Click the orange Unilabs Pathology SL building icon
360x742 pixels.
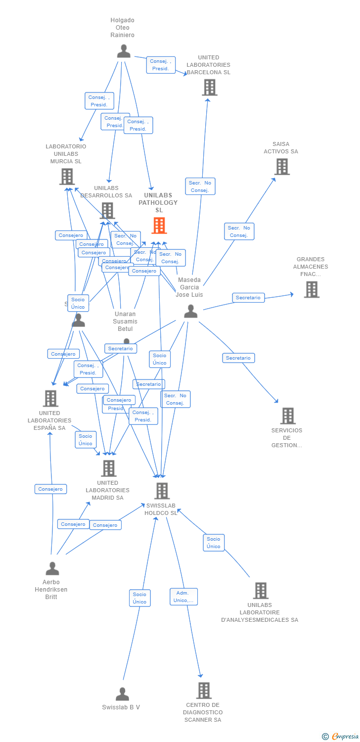coord(159,226)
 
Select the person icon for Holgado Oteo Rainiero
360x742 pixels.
coord(124,51)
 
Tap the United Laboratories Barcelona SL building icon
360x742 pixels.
coord(209,88)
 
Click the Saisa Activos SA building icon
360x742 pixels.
coord(281,167)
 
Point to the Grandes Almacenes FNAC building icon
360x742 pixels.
coord(311,289)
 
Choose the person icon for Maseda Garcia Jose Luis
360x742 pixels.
coord(190,311)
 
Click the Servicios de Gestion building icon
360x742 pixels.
coord(287,416)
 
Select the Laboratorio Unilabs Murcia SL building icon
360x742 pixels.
coord(67,177)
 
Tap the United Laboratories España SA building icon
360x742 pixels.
coord(50,398)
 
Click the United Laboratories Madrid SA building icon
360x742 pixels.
coord(108,468)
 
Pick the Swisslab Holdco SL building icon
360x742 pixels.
coord(162,491)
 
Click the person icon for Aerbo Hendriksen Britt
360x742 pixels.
coord(52,569)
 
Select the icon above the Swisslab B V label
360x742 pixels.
coord(122,694)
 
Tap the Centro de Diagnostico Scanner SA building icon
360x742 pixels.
coord(204,691)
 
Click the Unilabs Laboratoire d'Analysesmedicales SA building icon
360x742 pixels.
coord(260,591)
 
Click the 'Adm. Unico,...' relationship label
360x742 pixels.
coord(183,597)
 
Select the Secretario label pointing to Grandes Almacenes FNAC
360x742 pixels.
coord(248,298)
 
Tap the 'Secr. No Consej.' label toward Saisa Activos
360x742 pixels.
coord(239,232)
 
